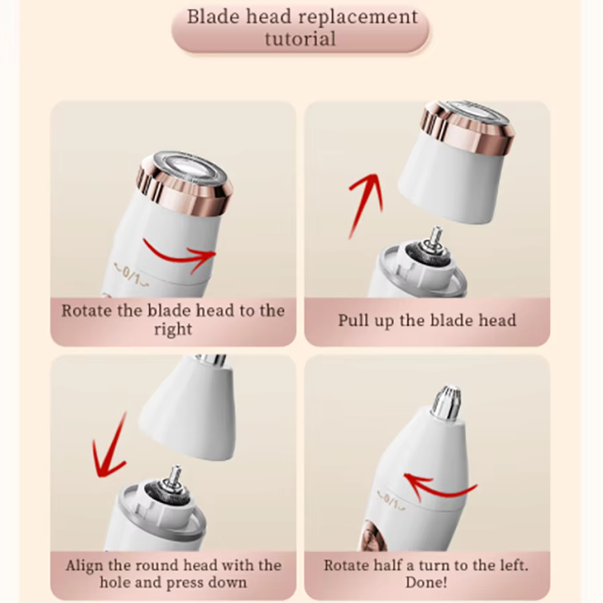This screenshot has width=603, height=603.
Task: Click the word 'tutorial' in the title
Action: pyautogui.click(x=300, y=39)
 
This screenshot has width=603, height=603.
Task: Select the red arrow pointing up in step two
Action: pyautogui.click(x=366, y=205)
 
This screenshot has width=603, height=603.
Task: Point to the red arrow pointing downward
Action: pyautogui.click(x=110, y=446)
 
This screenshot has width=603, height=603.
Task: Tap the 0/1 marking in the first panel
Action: pyautogui.click(x=131, y=275)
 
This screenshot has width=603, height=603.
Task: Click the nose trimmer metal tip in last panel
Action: pyautogui.click(x=446, y=402)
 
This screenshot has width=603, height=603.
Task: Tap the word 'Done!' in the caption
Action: pyautogui.click(x=426, y=582)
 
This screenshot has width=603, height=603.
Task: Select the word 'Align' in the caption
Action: pyautogui.click(x=84, y=565)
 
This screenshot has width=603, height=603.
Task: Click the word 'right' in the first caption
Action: pyautogui.click(x=173, y=330)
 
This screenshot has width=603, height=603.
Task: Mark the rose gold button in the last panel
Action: pyautogui.click(x=369, y=535)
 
